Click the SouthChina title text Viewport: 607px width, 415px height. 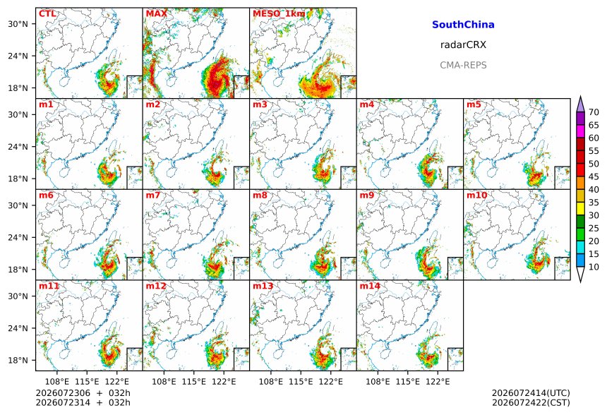click(463, 25)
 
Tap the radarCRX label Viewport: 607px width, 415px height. click(463, 44)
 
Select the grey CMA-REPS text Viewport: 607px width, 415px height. click(463, 65)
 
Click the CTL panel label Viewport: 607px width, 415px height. click(47, 13)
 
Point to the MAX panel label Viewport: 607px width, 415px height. click(157, 13)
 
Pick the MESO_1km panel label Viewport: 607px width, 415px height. click(279, 14)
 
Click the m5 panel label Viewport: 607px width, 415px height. click(474, 104)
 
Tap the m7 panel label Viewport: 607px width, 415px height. click(153, 195)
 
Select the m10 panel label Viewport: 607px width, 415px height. click(477, 195)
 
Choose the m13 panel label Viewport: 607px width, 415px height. click(263, 286)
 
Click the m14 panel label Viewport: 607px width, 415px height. click(370, 286)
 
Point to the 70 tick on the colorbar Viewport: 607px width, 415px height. click(594, 112)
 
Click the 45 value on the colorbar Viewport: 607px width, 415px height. click(594, 176)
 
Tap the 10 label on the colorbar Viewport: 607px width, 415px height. click(594, 267)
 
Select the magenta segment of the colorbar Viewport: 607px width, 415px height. click(580, 131)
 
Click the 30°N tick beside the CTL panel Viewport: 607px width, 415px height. click(18, 24)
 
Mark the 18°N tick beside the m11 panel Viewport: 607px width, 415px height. click(18, 360)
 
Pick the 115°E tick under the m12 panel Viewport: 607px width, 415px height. click(194, 382)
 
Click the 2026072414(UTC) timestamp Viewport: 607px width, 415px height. click(531, 393)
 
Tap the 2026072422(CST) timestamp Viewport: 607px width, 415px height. click(531, 402)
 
